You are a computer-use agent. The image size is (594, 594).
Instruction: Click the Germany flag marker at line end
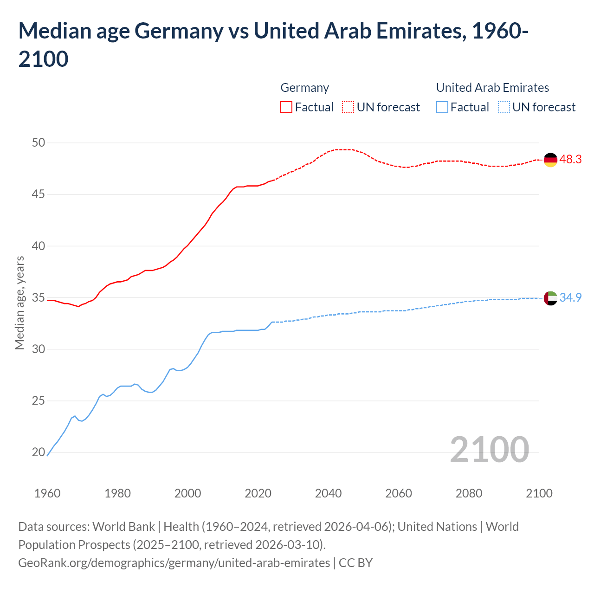(550, 160)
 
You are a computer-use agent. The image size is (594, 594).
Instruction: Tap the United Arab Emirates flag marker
(550, 298)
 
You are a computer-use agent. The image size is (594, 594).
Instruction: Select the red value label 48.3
(570, 159)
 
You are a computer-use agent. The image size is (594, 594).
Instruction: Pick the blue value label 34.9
(570, 297)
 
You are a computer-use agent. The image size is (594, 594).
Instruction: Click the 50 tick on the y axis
(39, 142)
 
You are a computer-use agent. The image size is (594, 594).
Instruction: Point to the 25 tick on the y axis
(39, 400)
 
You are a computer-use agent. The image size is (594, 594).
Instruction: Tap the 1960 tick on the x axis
(47, 493)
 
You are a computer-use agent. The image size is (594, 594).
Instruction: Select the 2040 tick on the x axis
(328, 493)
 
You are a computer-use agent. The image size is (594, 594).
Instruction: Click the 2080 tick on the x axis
(469, 493)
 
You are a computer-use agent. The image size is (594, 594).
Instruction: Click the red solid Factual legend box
(286, 107)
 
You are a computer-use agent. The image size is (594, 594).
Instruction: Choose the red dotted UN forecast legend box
(348, 107)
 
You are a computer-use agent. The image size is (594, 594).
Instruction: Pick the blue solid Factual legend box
(442, 107)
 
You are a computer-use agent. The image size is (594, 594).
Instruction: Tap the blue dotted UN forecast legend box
(504, 107)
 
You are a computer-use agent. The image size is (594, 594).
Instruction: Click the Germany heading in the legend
(304, 88)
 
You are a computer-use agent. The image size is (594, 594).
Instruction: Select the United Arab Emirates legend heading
(492, 88)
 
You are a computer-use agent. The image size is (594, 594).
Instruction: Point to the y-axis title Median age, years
(19, 303)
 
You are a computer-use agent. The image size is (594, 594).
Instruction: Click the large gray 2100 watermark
(489, 449)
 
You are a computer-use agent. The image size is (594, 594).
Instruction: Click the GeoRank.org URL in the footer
(174, 562)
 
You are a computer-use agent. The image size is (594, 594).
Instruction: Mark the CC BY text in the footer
(355, 562)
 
